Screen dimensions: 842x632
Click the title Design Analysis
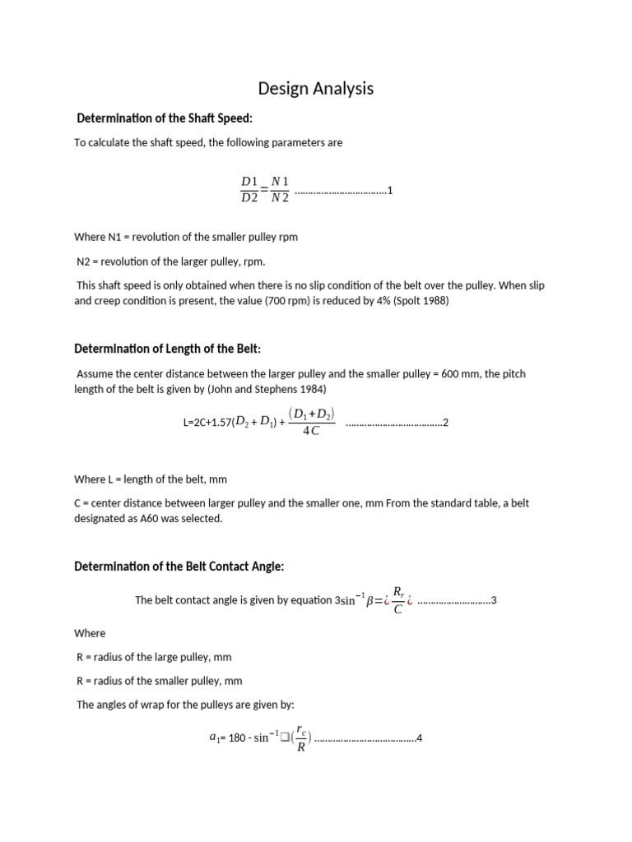[315, 89]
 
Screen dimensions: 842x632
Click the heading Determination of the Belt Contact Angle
[179, 567]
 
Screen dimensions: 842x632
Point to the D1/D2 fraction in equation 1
[249, 189]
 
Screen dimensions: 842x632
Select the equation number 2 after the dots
[445, 423]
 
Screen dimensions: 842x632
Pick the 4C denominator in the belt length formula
[311, 432]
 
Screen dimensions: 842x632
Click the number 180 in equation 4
[238, 738]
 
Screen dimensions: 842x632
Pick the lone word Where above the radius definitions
[90, 633]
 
